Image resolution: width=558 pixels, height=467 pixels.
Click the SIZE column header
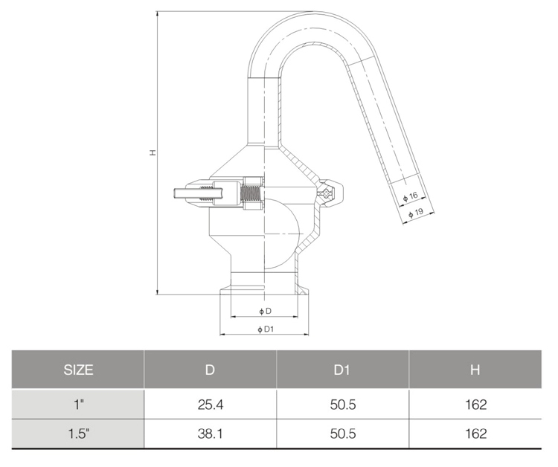(x=78, y=369)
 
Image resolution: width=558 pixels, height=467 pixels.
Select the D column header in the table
(x=210, y=369)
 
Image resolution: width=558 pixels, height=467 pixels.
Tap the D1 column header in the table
(x=342, y=369)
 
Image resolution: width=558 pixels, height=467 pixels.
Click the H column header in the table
(x=475, y=369)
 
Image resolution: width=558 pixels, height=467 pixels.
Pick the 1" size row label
(x=78, y=405)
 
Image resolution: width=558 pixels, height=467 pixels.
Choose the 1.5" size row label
(x=78, y=434)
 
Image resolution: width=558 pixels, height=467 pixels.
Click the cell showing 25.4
(x=210, y=405)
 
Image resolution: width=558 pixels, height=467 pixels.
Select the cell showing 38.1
(x=210, y=434)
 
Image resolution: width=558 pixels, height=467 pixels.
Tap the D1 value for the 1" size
(x=342, y=405)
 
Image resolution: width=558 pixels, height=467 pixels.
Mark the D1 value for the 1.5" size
(x=342, y=434)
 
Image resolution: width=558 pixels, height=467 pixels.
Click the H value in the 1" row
(x=475, y=405)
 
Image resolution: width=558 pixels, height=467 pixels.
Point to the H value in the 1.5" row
(x=475, y=434)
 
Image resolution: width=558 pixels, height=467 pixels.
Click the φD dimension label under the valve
(x=265, y=310)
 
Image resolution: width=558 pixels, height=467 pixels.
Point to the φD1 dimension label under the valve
(x=266, y=328)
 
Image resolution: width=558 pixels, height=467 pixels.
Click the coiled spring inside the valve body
(x=254, y=194)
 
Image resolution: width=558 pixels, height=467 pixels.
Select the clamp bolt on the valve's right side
(x=326, y=193)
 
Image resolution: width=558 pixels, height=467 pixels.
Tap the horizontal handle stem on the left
(x=192, y=194)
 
